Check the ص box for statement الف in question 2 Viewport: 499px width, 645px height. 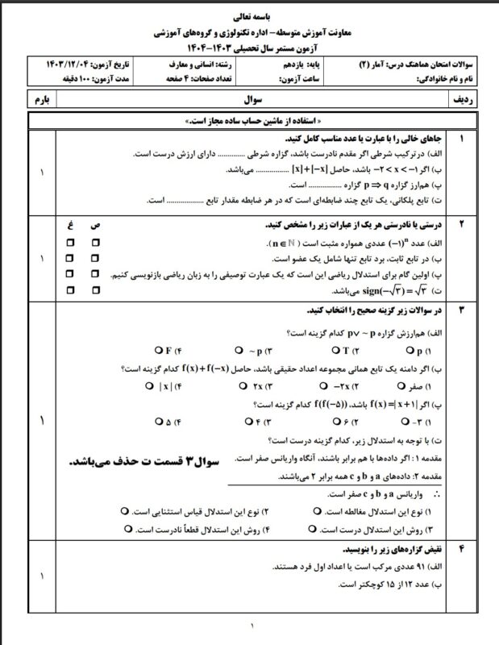(x=96, y=242)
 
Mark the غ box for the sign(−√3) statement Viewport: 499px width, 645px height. (x=71, y=288)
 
